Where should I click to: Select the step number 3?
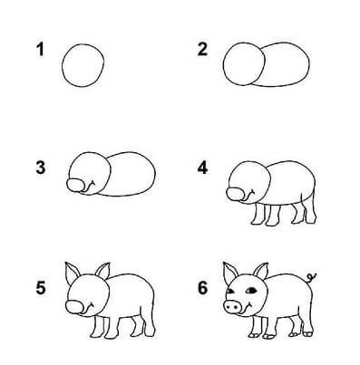[x=40, y=168]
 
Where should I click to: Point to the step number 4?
[x=203, y=168]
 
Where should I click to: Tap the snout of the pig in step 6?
[x=233, y=309]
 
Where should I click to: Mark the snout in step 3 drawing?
[x=78, y=185]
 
